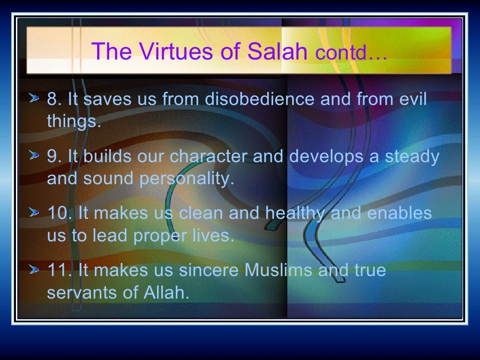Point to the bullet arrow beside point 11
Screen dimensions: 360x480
pos(34,270)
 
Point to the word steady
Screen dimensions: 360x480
pos(412,157)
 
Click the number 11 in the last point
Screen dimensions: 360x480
pos(58,270)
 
